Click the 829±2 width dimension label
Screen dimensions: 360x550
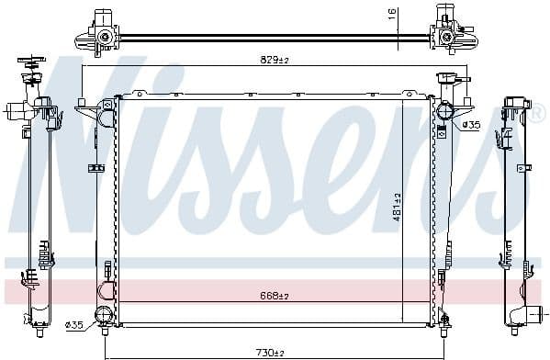[275, 60]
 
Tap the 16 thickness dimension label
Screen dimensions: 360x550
[391, 14]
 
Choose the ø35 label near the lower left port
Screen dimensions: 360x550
[75, 323]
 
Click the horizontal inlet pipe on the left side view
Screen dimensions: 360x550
[16, 112]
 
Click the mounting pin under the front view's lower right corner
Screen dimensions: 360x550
[445, 321]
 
